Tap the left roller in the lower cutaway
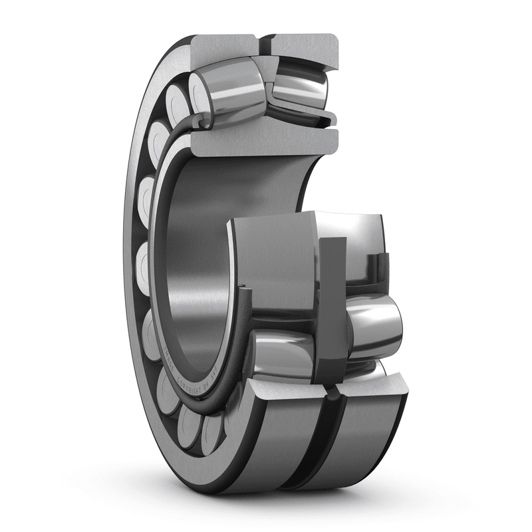click(279, 352)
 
